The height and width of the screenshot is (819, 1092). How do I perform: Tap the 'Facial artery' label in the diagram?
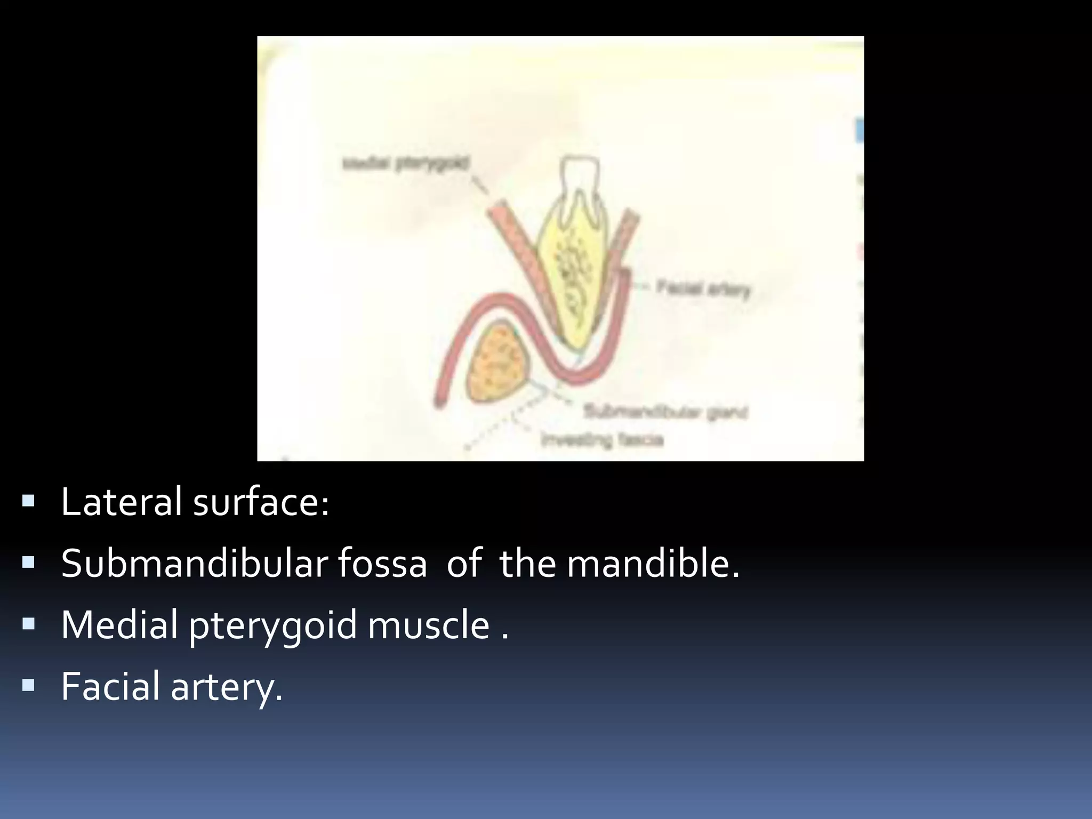point(703,289)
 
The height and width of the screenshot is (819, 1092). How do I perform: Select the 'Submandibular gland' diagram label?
point(666,412)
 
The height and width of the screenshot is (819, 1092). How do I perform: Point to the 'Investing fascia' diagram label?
point(602,440)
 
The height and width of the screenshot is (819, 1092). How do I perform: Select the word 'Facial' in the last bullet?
point(110,686)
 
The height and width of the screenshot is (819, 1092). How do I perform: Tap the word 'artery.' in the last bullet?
point(226,687)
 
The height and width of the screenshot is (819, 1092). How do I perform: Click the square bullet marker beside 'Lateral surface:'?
point(29,501)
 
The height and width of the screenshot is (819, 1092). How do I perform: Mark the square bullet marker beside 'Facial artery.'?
point(29,685)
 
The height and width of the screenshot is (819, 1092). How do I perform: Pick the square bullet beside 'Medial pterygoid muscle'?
point(29,623)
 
